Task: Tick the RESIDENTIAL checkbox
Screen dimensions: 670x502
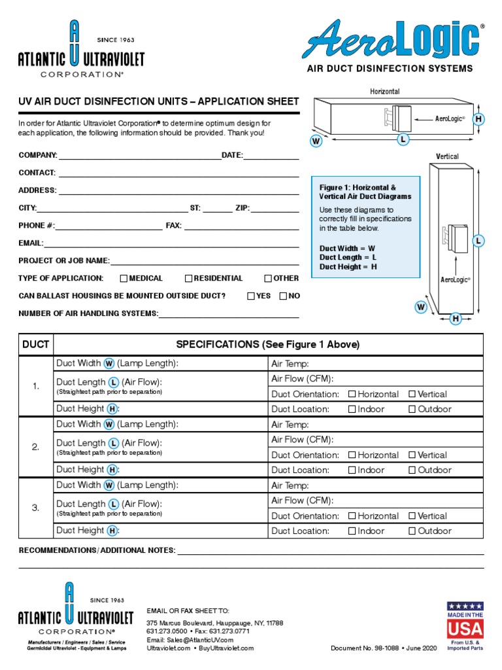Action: click(x=188, y=278)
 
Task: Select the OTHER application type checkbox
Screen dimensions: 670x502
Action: click(x=268, y=278)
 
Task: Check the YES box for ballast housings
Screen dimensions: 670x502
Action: click(x=251, y=296)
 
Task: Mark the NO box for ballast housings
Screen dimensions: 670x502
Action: click(x=283, y=296)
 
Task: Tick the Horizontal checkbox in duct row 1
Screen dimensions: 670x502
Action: click(x=352, y=394)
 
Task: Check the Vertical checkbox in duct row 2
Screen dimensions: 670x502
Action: click(x=412, y=455)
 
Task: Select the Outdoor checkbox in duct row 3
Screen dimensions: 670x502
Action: click(x=412, y=531)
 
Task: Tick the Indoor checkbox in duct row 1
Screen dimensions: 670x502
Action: click(x=352, y=409)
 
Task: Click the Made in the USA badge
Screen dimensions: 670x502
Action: click(x=465, y=625)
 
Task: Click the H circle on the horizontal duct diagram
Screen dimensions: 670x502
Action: click(x=479, y=118)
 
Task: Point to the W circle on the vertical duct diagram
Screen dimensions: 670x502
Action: click(x=421, y=306)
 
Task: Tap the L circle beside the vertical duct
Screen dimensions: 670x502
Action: click(x=479, y=241)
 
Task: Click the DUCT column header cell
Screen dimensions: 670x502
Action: click(x=35, y=344)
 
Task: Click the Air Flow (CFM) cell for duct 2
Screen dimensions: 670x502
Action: click(x=376, y=440)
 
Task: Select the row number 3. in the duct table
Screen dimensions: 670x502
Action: click(x=35, y=508)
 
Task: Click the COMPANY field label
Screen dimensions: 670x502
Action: click(x=38, y=156)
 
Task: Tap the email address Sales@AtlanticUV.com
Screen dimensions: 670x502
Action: click(x=190, y=639)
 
